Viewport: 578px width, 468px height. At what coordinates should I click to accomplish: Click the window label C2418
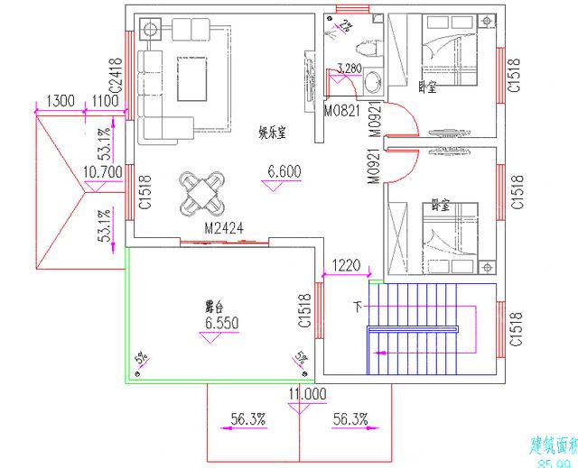(116, 77)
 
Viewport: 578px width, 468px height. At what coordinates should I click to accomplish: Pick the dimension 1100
(105, 100)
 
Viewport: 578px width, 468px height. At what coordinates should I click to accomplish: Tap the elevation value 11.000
(307, 394)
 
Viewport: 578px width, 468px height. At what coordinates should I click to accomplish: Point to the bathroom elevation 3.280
(350, 69)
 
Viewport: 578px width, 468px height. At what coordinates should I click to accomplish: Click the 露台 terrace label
(214, 306)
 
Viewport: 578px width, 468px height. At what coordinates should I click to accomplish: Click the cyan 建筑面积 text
(552, 445)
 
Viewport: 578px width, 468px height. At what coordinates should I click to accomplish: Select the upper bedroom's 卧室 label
(427, 87)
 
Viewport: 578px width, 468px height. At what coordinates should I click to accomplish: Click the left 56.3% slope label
(247, 418)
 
